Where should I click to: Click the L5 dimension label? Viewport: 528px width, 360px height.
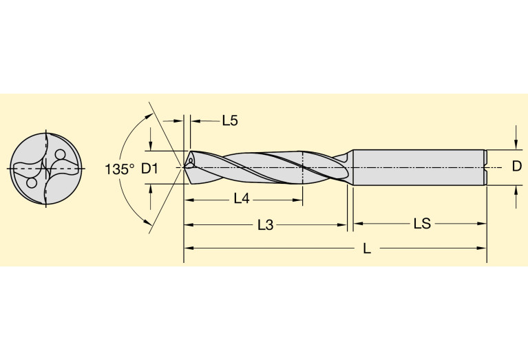coord(229,121)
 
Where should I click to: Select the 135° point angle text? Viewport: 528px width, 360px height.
coord(120,169)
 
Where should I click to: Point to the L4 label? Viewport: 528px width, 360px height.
coord(241,199)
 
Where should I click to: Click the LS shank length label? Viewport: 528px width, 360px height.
coord(422,224)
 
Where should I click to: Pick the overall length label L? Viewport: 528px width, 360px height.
coord(367,249)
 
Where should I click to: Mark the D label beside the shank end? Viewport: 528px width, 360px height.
coord(516,167)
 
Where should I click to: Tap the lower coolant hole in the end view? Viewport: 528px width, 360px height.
coord(30,184)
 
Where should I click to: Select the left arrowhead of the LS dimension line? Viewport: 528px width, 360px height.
coord(357,224)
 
